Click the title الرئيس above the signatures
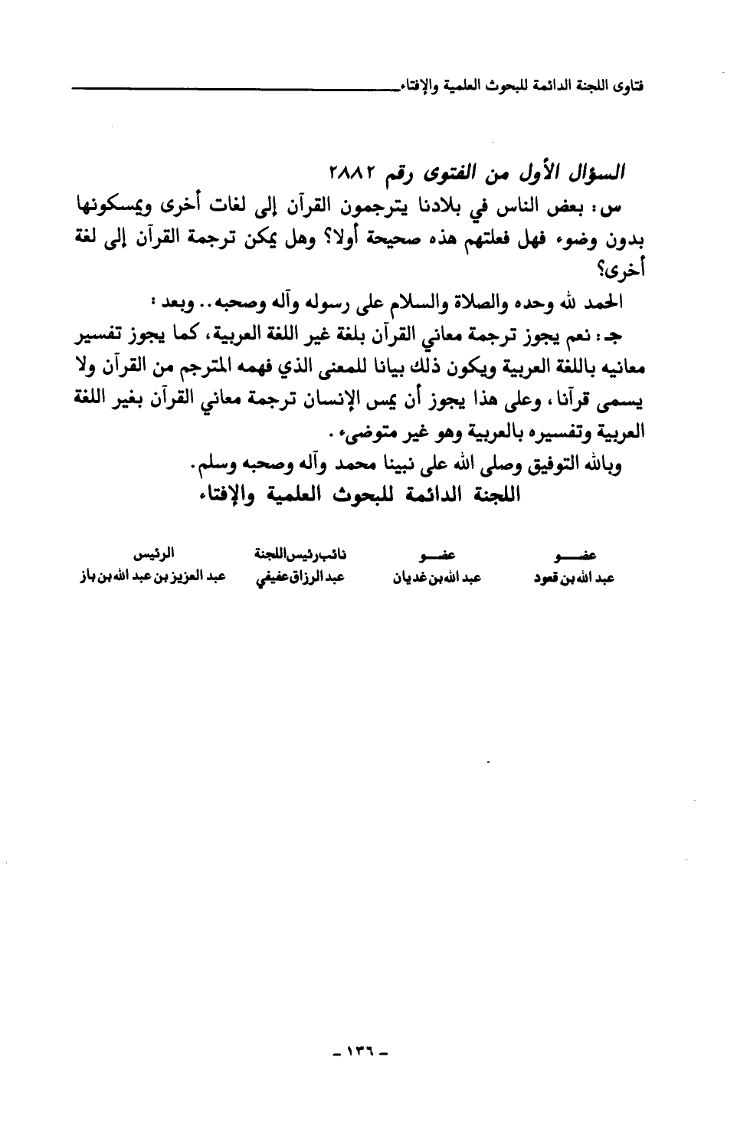pyautogui.click(x=150, y=553)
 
